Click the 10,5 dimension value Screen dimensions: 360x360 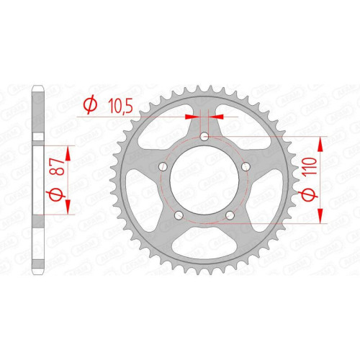click(120, 106)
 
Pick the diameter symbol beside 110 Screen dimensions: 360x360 click(310, 194)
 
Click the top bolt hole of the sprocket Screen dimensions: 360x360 click(204, 137)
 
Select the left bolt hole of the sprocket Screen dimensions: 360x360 click(163, 166)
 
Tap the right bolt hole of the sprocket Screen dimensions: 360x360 click(246, 166)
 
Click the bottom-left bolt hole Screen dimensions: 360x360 click(179, 215)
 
